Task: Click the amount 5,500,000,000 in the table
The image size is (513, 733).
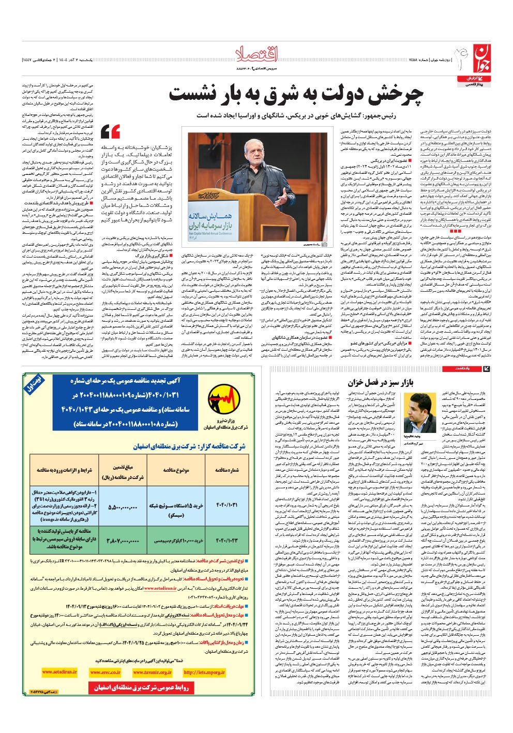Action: coord(123,507)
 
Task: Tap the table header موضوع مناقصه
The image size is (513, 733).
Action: coord(176,470)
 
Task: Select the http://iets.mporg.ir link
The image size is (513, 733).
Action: coord(204,672)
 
